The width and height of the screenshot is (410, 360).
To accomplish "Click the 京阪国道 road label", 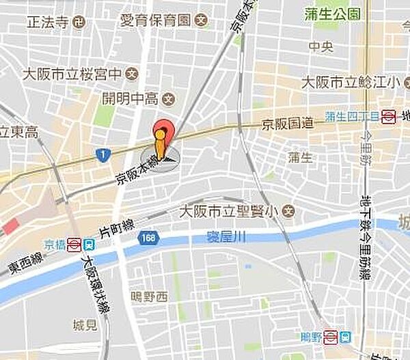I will [x=288, y=123].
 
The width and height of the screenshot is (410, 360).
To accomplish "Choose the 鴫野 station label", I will [x=312, y=336].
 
